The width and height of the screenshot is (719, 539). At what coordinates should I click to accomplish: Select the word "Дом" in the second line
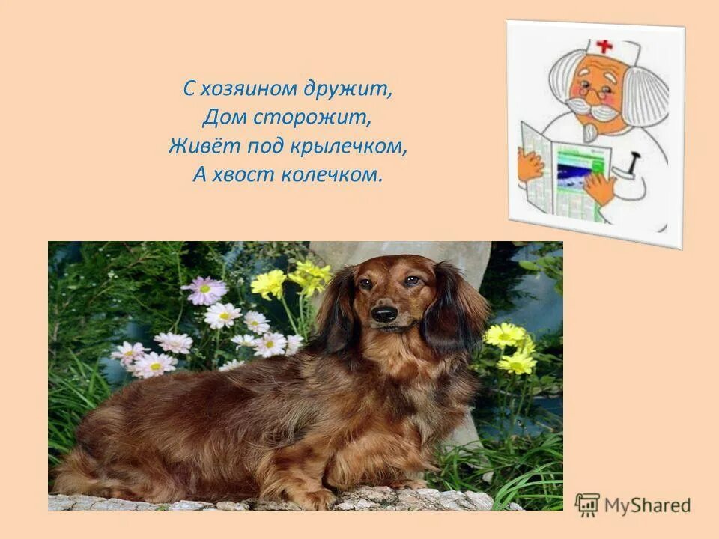pos(222,118)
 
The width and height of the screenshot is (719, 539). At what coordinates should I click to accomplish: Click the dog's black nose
pos(385,314)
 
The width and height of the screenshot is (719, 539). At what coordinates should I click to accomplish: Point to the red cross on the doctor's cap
pos(604,46)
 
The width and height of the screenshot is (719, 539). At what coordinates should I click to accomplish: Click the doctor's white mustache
pos(595,110)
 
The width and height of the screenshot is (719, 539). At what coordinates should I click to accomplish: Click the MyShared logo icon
pos(587,505)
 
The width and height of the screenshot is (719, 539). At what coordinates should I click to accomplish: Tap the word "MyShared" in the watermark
pos(648,505)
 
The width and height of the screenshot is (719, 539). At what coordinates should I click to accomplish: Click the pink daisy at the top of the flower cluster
pos(204,290)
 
